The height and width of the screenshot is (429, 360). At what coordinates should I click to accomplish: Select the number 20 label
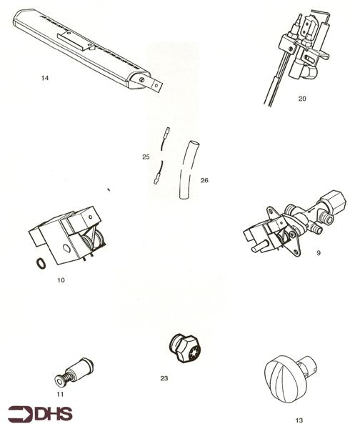(302, 99)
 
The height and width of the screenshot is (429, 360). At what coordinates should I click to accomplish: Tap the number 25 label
(146, 155)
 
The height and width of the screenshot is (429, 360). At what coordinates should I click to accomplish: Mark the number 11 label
(60, 393)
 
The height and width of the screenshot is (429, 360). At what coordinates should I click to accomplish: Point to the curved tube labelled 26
(187, 172)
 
